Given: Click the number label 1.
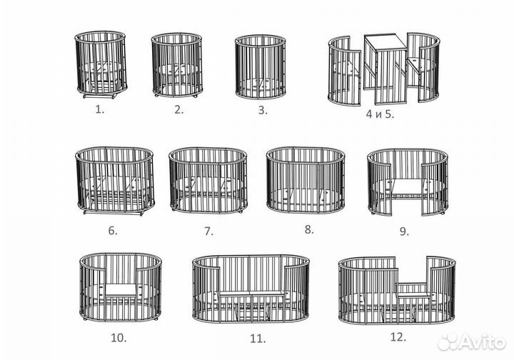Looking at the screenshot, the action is point(100,109).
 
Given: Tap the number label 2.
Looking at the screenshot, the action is point(178,110).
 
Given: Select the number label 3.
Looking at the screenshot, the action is point(263,111).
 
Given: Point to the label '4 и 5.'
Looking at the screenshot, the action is point(380,114).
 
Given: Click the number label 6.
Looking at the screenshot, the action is point(113,231).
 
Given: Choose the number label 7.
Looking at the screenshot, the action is point(208,231).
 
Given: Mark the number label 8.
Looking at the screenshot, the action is point(309,230).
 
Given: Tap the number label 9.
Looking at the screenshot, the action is point(404,231).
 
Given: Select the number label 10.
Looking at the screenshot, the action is point(119,338).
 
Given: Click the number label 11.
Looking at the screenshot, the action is point(258,339).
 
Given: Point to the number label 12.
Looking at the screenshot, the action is point(398,337).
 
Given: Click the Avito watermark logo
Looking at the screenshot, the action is point(471,342).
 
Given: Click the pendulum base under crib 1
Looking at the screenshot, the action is point(100,96).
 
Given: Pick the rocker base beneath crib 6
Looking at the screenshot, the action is point(114,213).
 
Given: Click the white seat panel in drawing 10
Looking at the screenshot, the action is point(121,290).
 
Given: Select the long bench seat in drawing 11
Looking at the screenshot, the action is point(251,293).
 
